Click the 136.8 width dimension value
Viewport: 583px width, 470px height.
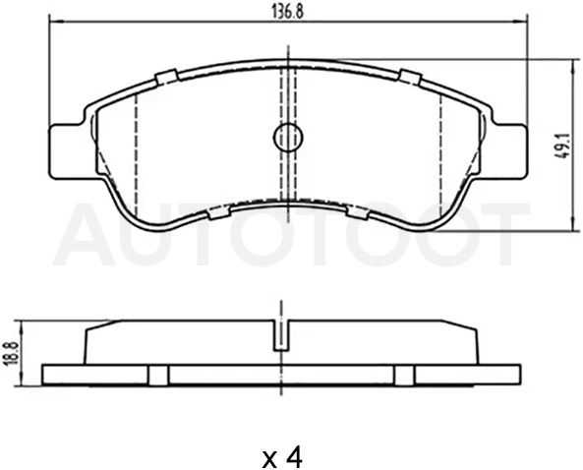tap(287, 11)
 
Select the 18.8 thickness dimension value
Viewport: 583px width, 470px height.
tap(12, 354)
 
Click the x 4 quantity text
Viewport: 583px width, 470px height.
tap(282, 458)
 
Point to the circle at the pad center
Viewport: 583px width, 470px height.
tap(288, 138)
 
